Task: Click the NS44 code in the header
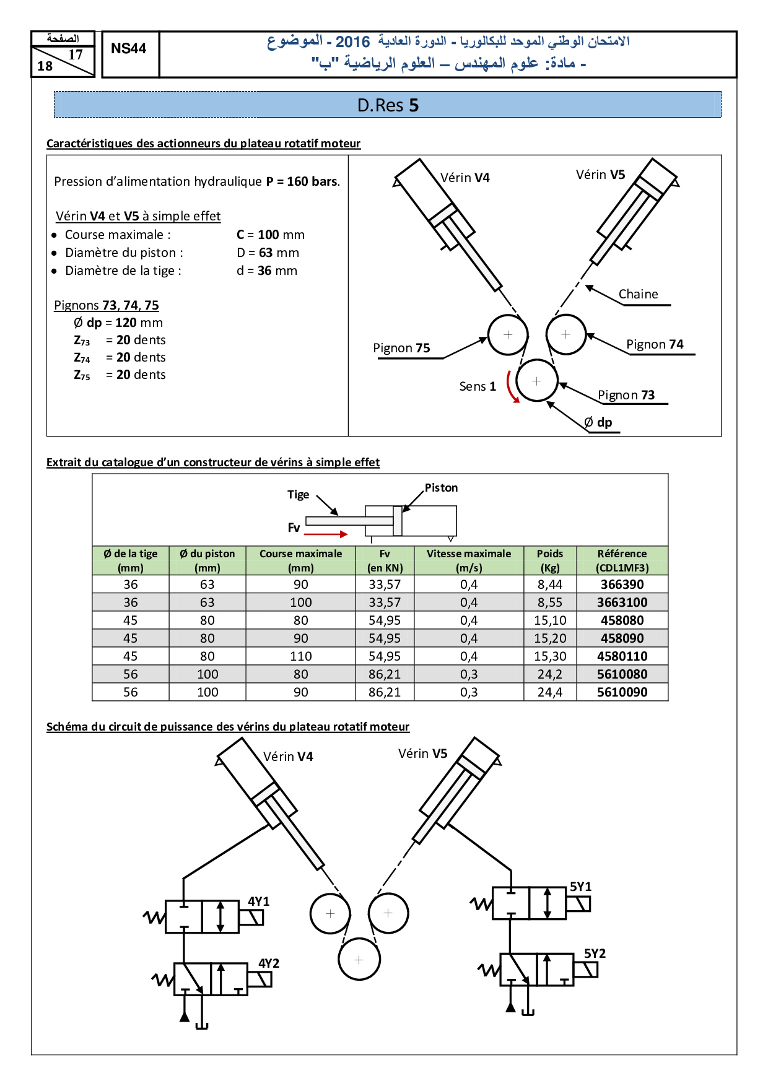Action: (x=128, y=49)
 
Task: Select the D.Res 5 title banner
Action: (x=388, y=105)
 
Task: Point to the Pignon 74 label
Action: (x=654, y=344)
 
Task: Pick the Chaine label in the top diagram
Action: (x=638, y=294)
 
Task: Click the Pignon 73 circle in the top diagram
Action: (x=536, y=381)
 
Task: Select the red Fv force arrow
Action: (x=326, y=534)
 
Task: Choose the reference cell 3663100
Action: (x=622, y=602)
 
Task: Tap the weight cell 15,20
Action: (x=550, y=638)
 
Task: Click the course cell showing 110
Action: (x=301, y=656)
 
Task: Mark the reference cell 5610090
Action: (x=622, y=692)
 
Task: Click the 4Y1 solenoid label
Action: (x=259, y=901)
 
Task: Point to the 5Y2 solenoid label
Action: (x=595, y=954)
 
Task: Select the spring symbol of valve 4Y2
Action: (x=163, y=980)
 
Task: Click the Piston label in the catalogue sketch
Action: (x=441, y=488)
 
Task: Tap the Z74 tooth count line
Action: (x=120, y=357)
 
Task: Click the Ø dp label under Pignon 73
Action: (x=598, y=422)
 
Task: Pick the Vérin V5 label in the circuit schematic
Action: (x=422, y=754)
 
